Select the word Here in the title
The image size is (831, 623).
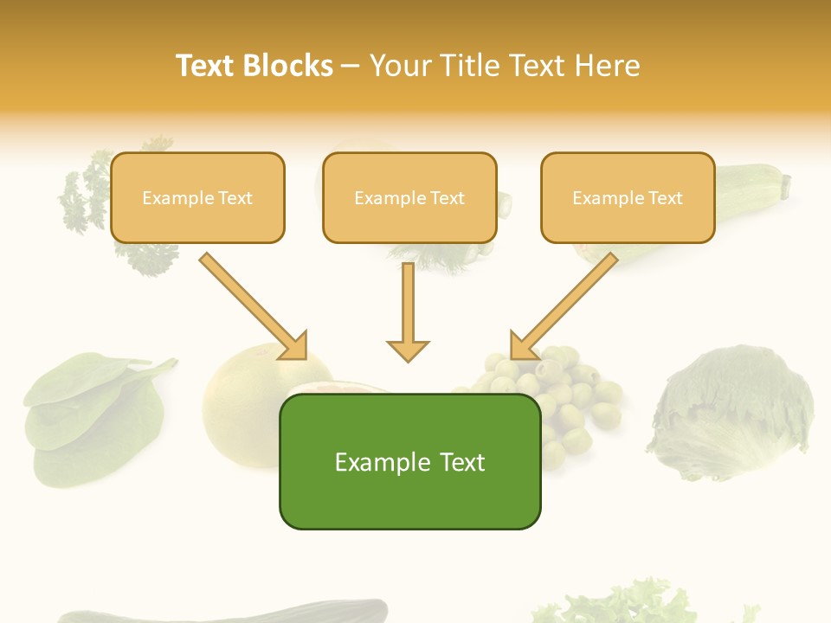tap(609, 66)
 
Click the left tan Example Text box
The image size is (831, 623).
tap(197, 197)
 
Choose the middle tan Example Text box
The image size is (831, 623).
tap(409, 197)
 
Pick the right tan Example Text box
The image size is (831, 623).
tap(628, 197)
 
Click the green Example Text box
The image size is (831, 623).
tap(409, 461)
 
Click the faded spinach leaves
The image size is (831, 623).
tap(87, 415)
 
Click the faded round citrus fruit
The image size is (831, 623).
tap(242, 398)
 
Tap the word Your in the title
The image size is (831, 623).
tap(402, 66)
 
